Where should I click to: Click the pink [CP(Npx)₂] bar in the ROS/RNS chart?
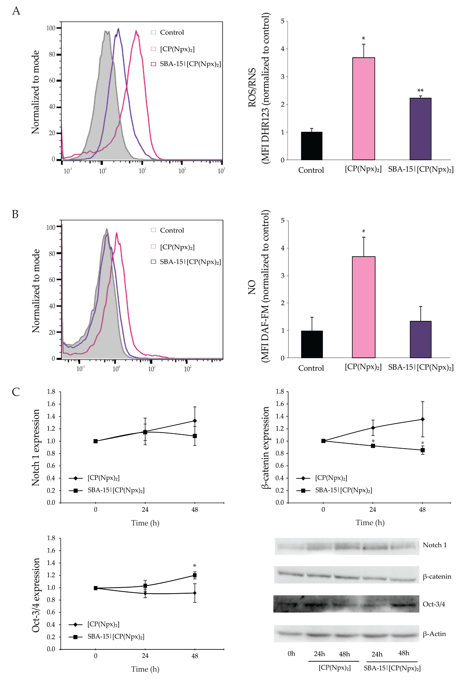point(364,109)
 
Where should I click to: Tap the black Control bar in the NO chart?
point(312,344)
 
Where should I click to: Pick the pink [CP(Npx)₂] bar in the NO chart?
point(364,307)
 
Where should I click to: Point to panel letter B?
point(15,214)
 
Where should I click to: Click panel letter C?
point(16,392)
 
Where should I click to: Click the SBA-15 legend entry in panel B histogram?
point(186,262)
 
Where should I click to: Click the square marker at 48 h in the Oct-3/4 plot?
point(195,575)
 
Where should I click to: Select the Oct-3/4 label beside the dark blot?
point(434,604)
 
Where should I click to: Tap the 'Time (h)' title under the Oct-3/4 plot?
point(145,669)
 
